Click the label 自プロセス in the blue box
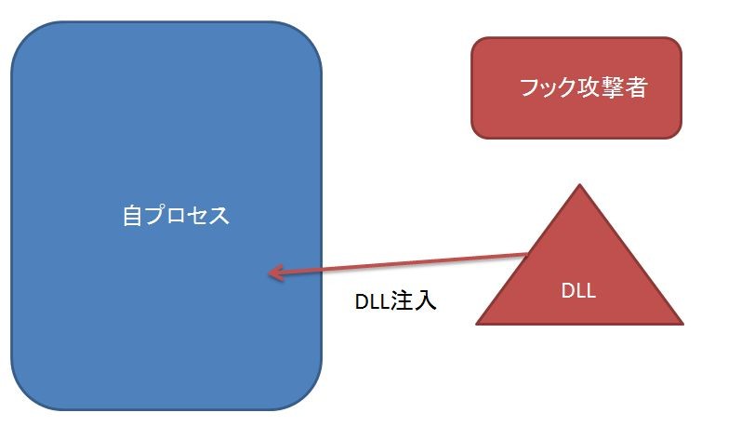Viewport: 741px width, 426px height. [175, 216]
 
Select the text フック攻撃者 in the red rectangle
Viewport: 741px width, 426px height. [583, 88]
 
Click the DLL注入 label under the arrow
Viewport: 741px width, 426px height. [396, 301]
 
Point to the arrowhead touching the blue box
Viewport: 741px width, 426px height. [271, 273]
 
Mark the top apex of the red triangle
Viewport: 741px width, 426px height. [580, 185]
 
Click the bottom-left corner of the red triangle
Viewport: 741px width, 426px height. [478, 323]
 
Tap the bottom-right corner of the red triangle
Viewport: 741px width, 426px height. [682, 323]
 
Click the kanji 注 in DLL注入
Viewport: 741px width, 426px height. [404, 301]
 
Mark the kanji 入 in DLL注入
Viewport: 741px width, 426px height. [426, 301]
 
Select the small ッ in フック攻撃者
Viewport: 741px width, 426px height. [552, 91]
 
